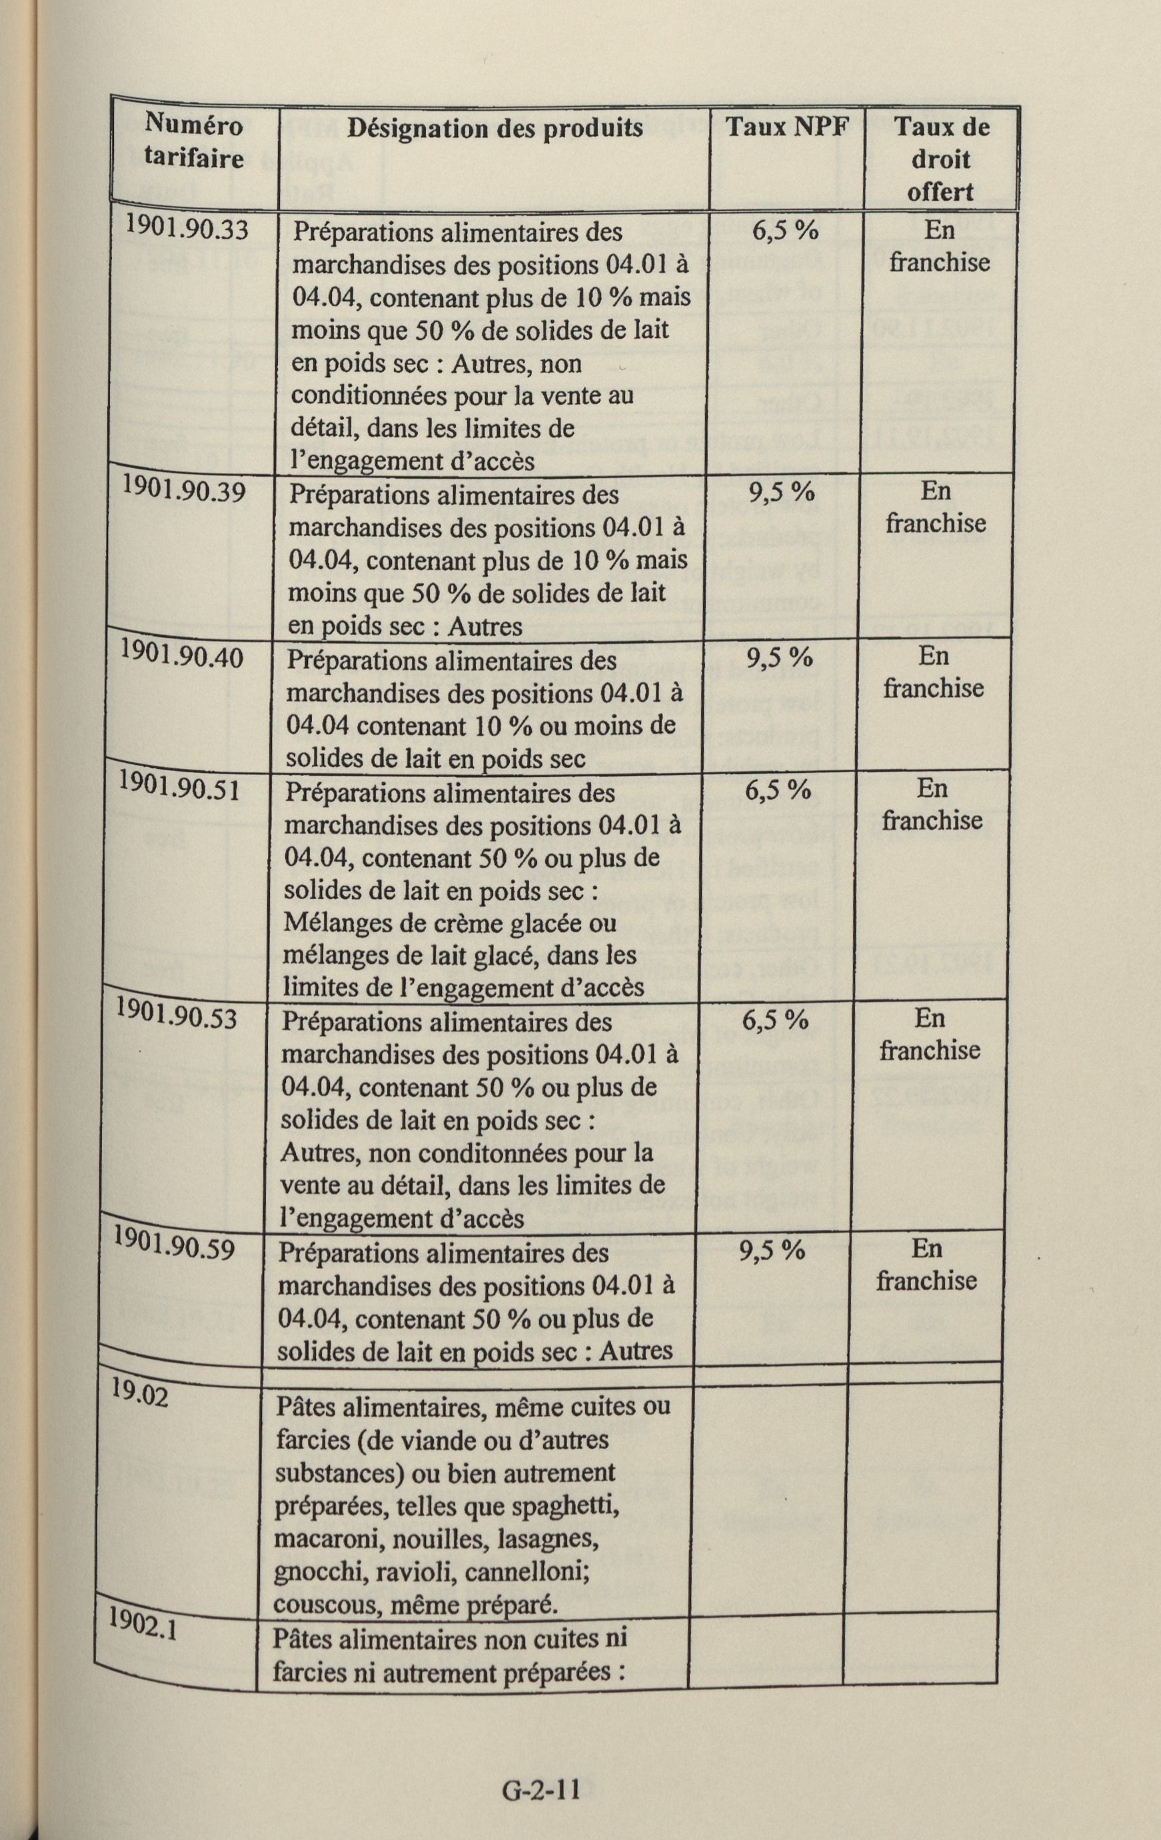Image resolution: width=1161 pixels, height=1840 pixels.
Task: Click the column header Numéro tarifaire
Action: pos(194,141)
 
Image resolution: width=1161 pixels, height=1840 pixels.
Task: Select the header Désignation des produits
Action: pos(495,127)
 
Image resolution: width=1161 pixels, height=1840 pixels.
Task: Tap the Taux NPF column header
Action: pos(786,127)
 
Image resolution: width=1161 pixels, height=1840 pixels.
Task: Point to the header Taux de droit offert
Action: pos(941,159)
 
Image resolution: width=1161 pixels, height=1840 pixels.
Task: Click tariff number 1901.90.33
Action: pos(188,227)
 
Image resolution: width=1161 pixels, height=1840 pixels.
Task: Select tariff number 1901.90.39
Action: pos(184,490)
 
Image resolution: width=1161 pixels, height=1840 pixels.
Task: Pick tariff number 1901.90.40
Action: pos(182,654)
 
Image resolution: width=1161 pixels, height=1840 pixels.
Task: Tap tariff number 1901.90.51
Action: pos(178,786)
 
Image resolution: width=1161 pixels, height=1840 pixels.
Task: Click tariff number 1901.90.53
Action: pos(175,1016)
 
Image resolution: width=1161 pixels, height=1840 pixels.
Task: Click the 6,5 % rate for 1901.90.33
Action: pos(785,231)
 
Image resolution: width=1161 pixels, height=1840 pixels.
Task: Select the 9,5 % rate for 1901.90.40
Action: pos(779,657)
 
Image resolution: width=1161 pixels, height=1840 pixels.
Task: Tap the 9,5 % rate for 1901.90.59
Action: pos(772,1251)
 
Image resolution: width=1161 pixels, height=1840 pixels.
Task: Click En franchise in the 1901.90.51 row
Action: pos(932,804)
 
